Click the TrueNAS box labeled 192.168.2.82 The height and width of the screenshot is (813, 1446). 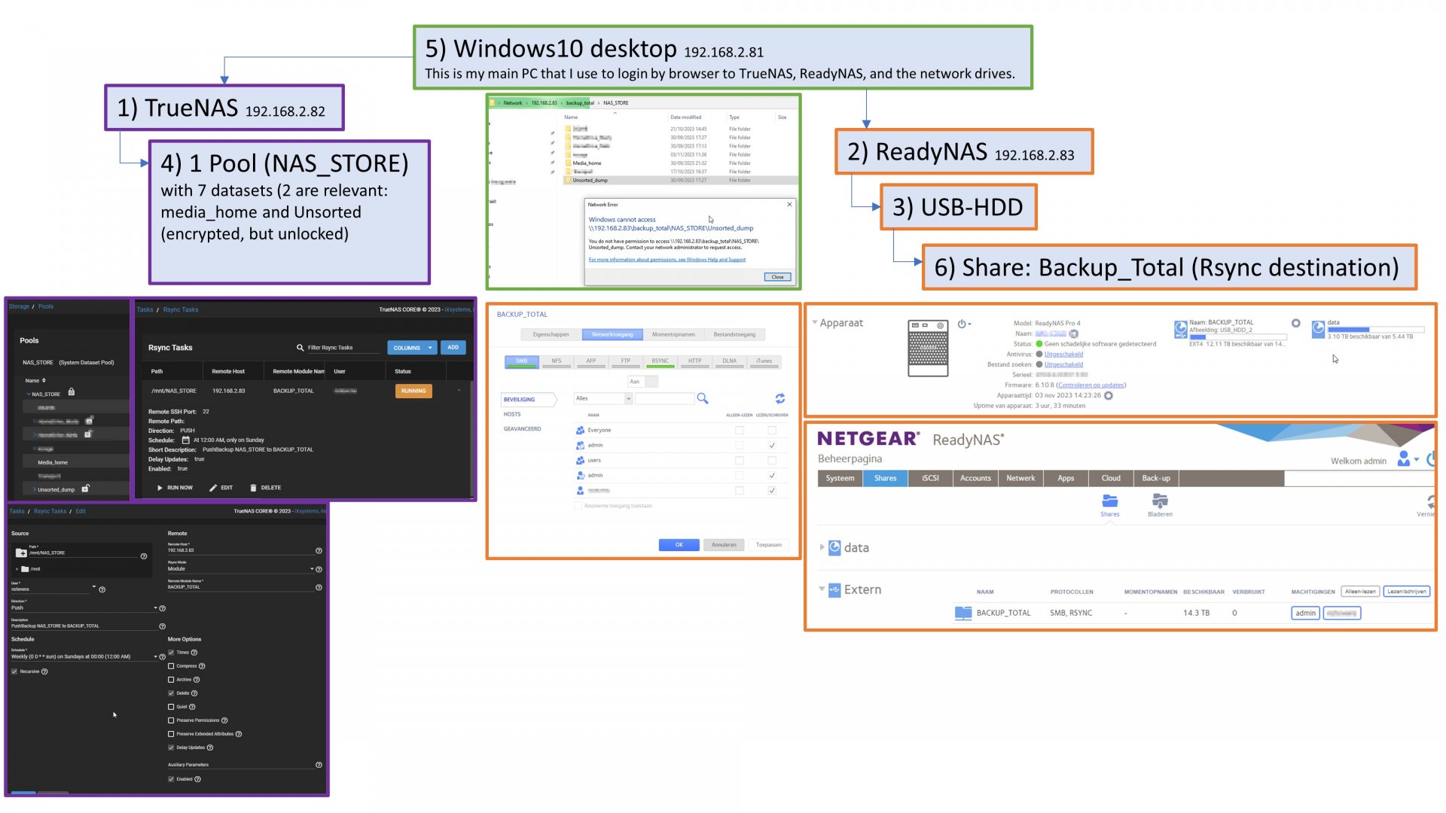(224, 108)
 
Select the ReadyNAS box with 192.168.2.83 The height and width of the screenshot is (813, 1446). (963, 152)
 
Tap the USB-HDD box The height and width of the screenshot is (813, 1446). (958, 207)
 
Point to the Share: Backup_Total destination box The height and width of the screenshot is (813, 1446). (1168, 267)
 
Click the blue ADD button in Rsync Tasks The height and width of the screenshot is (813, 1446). (453, 348)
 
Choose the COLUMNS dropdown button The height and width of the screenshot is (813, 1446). (411, 348)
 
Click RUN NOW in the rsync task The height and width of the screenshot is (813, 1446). (175, 488)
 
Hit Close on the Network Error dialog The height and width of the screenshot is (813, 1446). (777, 277)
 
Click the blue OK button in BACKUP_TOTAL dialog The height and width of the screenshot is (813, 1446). (679, 545)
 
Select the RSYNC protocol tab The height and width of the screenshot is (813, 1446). (660, 361)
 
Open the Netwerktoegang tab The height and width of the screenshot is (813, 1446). (612, 334)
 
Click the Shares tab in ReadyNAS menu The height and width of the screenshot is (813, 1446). (885, 478)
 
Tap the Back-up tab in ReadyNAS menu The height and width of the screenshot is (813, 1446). (1156, 478)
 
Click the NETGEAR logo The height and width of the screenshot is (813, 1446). (868, 439)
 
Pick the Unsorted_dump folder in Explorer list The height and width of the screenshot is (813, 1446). (590, 181)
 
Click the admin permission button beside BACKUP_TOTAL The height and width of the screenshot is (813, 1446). (1305, 614)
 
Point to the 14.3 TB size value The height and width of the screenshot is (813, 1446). (1196, 614)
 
